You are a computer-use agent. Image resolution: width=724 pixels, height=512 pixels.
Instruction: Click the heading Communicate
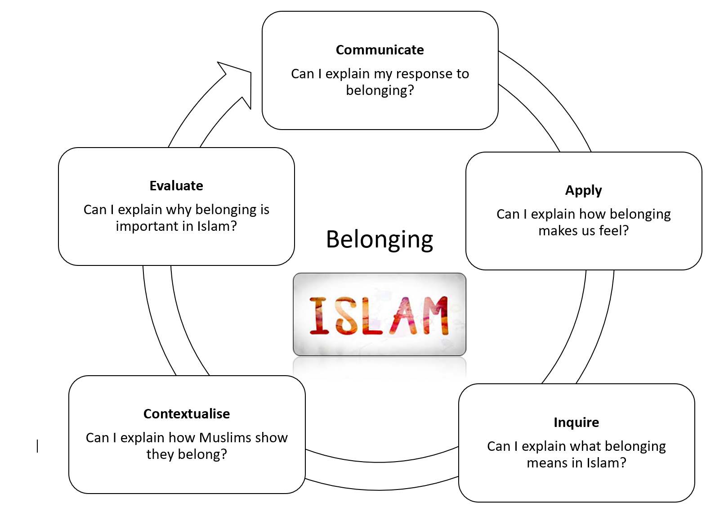pyautogui.click(x=380, y=50)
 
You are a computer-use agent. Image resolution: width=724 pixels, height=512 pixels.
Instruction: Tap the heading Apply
pyautogui.click(x=583, y=191)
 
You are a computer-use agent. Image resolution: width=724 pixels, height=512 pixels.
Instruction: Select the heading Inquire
pyautogui.click(x=576, y=422)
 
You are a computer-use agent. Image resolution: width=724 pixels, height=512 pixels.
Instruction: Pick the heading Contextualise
pyautogui.click(x=187, y=414)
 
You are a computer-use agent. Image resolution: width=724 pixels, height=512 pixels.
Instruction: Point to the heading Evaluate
pyautogui.click(x=176, y=186)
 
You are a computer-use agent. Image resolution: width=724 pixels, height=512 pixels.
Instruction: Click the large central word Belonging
pyautogui.click(x=380, y=240)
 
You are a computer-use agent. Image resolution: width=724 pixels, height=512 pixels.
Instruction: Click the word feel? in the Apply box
pyautogui.click(x=614, y=231)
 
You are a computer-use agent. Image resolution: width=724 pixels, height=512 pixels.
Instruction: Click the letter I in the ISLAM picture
pyautogui.click(x=320, y=316)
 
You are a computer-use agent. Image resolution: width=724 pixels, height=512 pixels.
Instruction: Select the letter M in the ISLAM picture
pyautogui.click(x=432, y=316)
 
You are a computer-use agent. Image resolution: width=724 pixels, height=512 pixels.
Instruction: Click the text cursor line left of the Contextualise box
pyautogui.click(x=37, y=446)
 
